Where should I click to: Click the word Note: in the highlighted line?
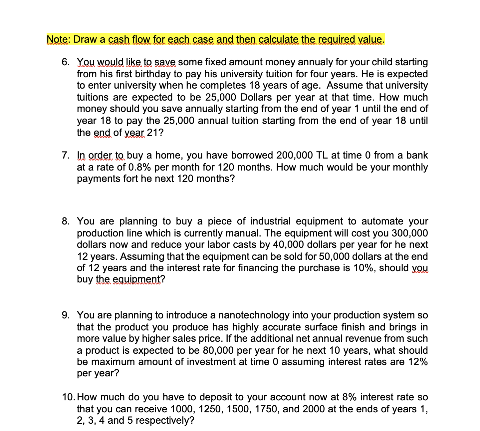coord(58,39)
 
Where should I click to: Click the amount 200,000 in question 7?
coord(295,156)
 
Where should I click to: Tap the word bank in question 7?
coord(418,156)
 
